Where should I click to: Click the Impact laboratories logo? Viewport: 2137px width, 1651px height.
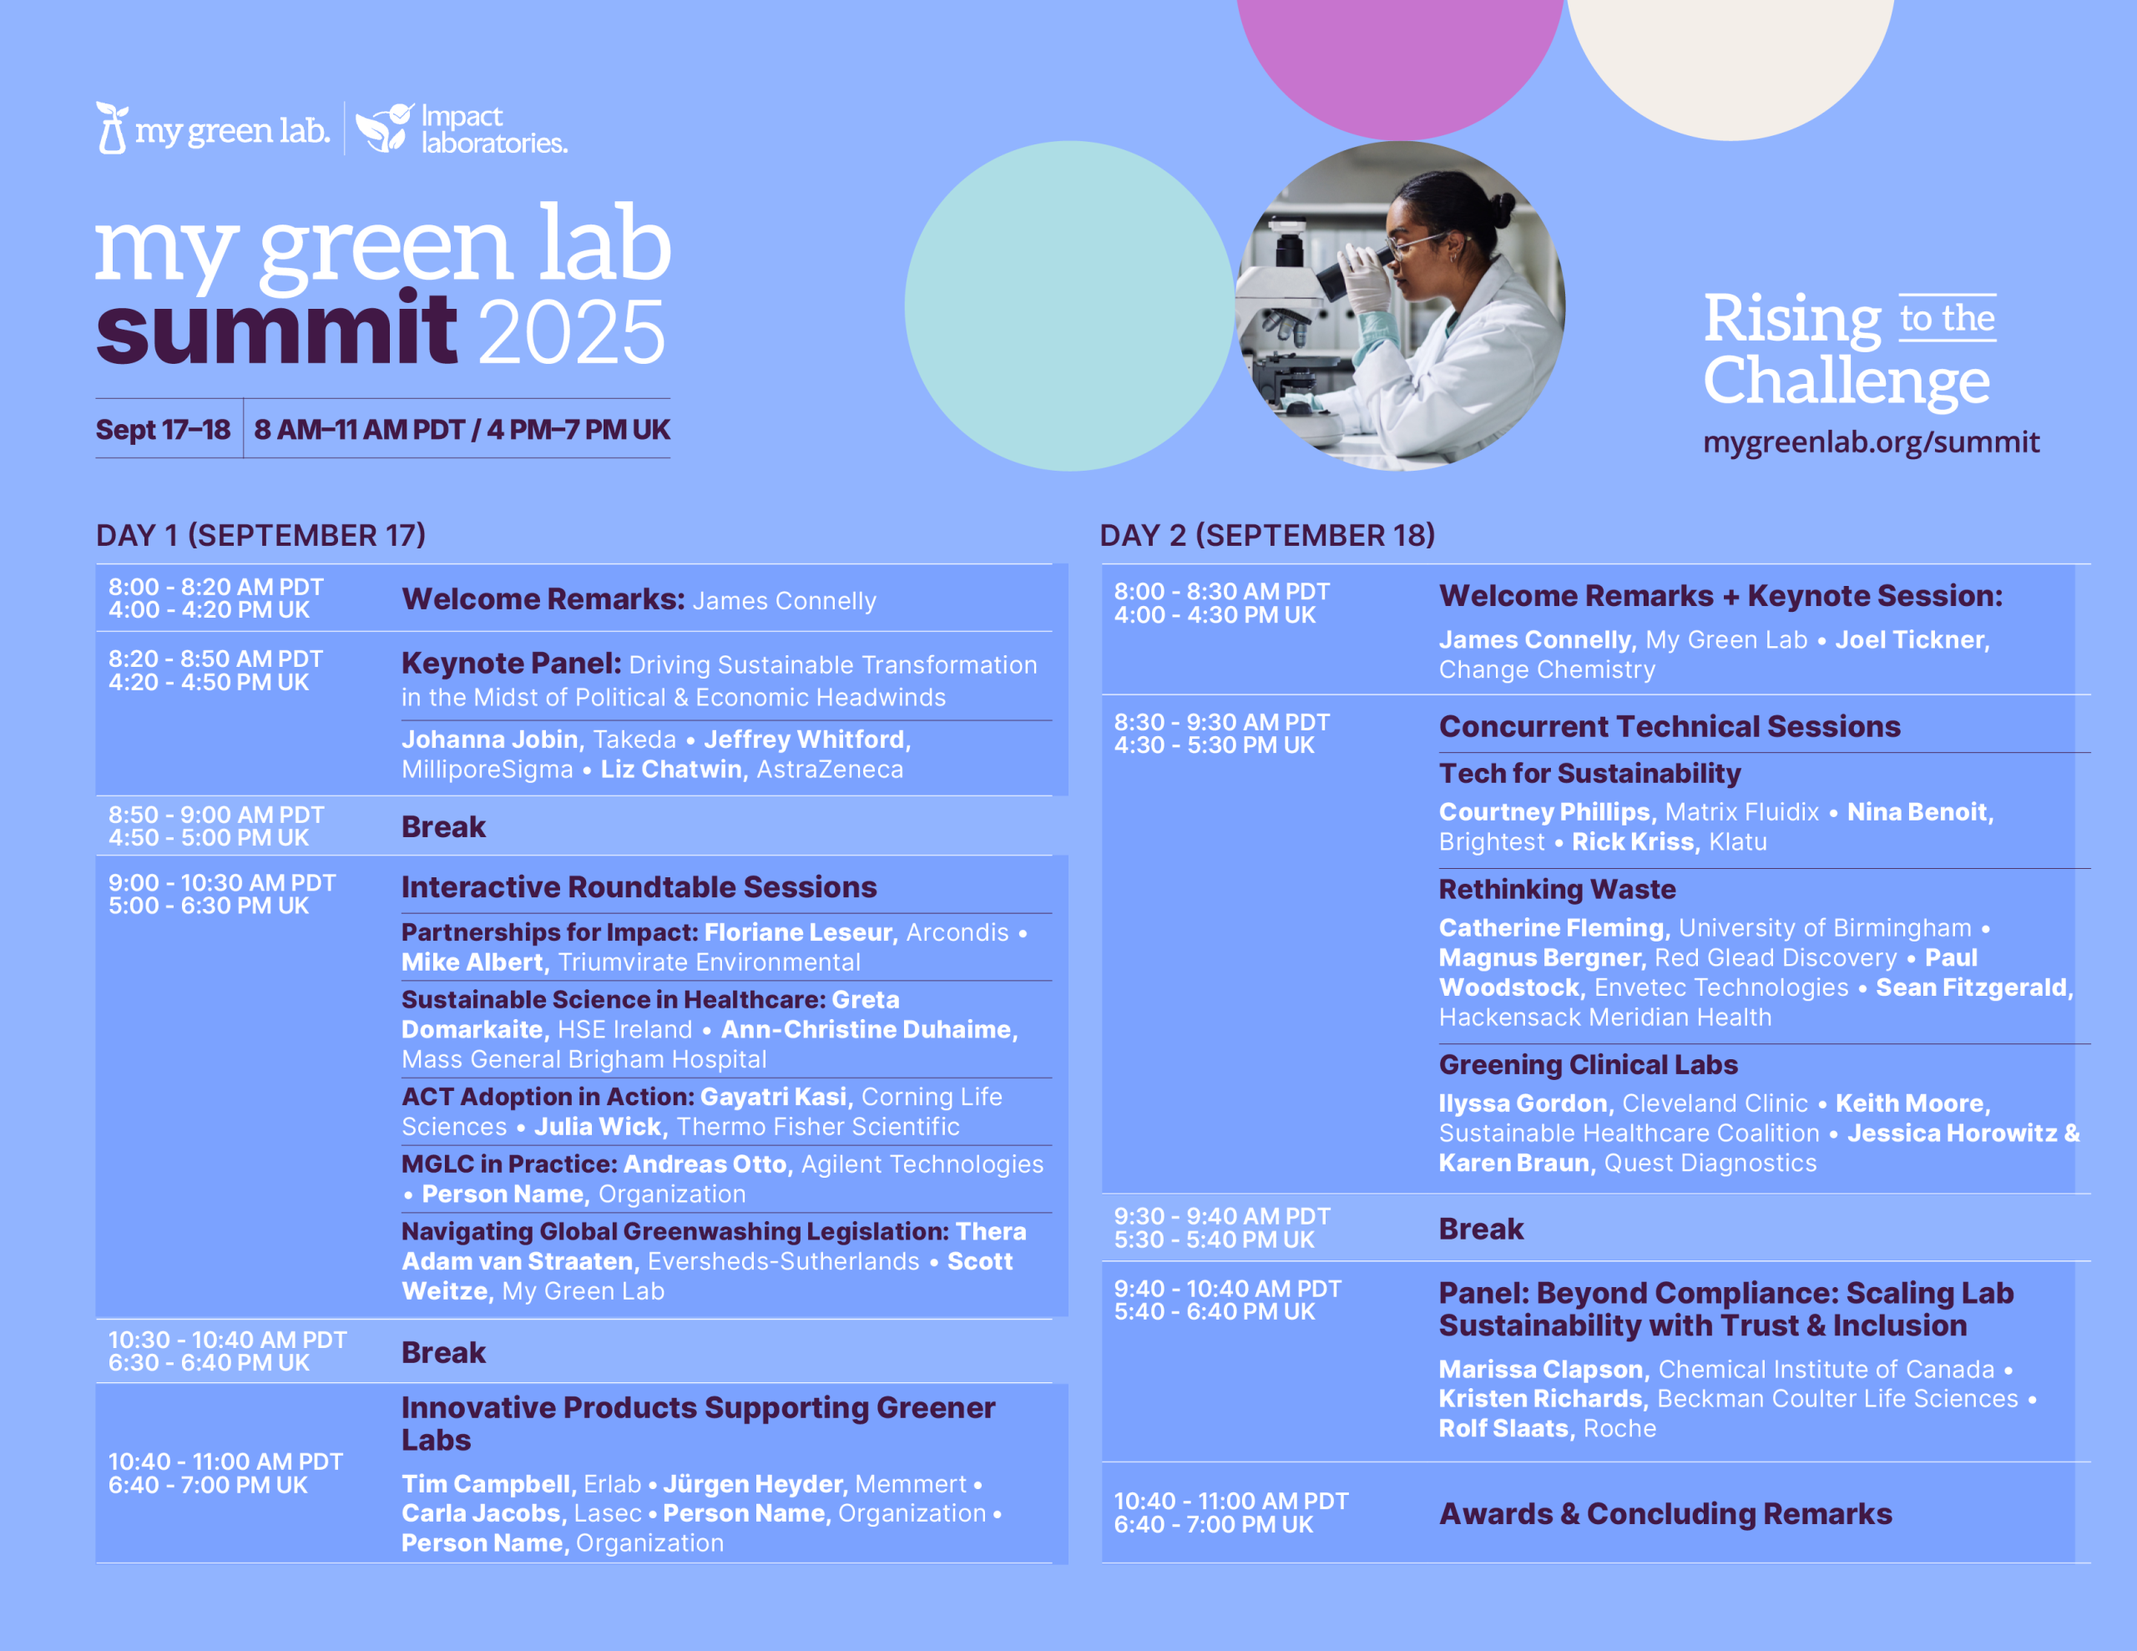pos(461,129)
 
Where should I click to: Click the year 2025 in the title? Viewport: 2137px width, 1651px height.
pos(573,333)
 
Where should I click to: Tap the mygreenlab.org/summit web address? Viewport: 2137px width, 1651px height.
pos(1871,442)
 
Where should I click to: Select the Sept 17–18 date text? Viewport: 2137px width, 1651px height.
pos(163,430)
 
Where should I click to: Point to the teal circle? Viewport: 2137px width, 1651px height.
pos(1069,305)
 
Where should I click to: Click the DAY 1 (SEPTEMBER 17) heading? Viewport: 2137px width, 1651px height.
pos(261,535)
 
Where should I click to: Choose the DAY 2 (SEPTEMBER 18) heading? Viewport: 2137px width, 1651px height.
pos(1267,535)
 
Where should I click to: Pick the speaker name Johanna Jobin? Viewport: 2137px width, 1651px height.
pos(489,739)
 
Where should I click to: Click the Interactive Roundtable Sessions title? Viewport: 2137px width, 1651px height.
pos(639,886)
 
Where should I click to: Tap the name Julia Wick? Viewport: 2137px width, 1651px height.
pos(598,1127)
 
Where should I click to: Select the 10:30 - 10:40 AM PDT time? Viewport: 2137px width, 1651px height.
pos(227,1340)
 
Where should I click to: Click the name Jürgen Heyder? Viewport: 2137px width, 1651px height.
pos(752,1484)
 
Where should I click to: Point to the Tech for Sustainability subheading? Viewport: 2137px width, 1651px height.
pos(1590,773)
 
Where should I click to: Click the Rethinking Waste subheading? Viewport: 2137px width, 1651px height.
pos(1557,889)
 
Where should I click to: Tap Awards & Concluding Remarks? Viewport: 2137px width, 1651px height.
pos(1665,1514)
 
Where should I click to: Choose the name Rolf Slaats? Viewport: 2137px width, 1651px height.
pos(1503,1428)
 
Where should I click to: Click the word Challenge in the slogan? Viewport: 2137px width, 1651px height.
pos(1847,381)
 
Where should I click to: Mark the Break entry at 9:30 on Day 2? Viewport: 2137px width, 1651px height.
pos(1480,1229)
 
